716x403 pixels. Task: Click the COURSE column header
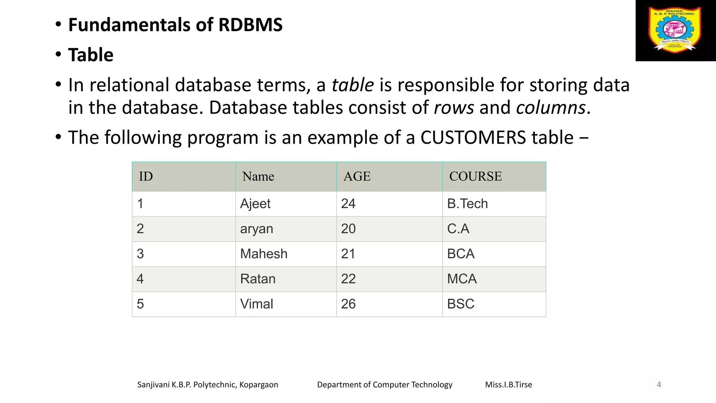pyautogui.click(x=475, y=176)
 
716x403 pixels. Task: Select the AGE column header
pyautogui.click(x=357, y=176)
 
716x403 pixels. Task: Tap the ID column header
pyautogui.click(x=146, y=176)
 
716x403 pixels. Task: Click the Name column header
pyautogui.click(x=258, y=176)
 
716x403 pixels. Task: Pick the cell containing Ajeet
pyautogui.click(x=255, y=204)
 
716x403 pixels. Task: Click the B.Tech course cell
pyautogui.click(x=467, y=204)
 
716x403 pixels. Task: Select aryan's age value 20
pyautogui.click(x=348, y=229)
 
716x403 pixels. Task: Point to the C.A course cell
pyautogui.click(x=458, y=229)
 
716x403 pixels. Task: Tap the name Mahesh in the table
pyautogui.click(x=264, y=254)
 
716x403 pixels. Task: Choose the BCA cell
pyautogui.click(x=460, y=254)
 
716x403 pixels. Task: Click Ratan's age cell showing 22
pyautogui.click(x=348, y=279)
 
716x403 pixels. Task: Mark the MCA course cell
pyautogui.click(x=461, y=279)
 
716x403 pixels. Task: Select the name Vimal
pyautogui.click(x=256, y=304)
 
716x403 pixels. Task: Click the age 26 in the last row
pyautogui.click(x=348, y=304)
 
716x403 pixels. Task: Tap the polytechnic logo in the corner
pyautogui.click(x=675, y=30)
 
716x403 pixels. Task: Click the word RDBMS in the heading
pyautogui.click(x=250, y=25)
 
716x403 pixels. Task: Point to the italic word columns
pyautogui.click(x=551, y=108)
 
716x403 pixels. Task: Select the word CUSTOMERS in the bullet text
pyautogui.click(x=473, y=137)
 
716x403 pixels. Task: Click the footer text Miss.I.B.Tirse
pyautogui.click(x=508, y=385)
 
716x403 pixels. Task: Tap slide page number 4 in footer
pyautogui.click(x=659, y=385)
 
